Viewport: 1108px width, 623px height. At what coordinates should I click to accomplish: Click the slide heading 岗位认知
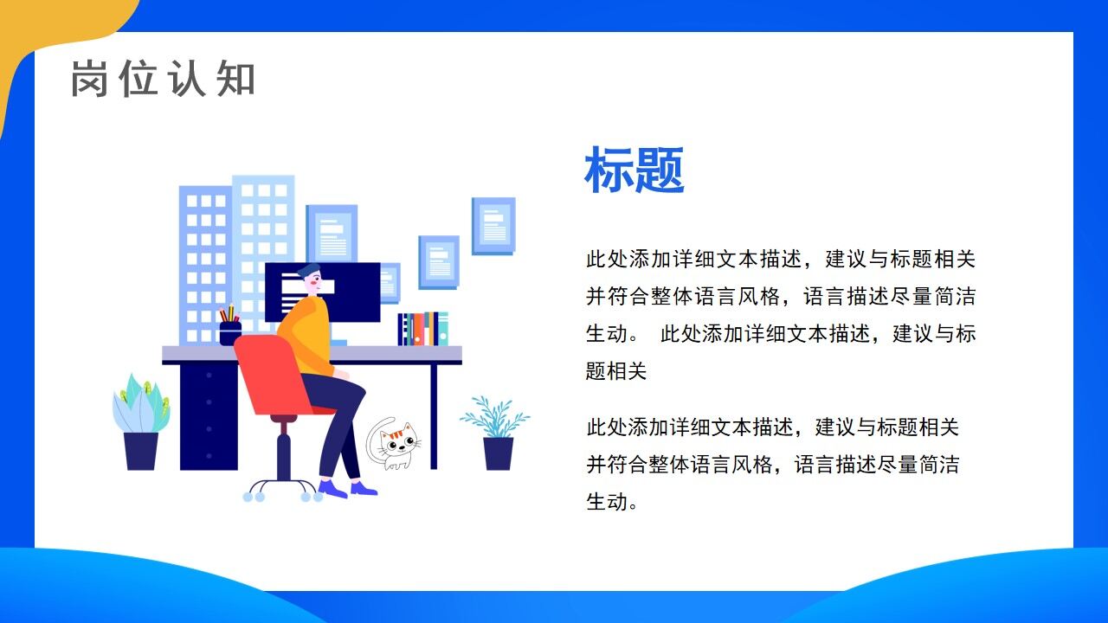pyautogui.click(x=163, y=79)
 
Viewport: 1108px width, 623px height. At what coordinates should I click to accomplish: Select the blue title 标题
pyautogui.click(x=635, y=170)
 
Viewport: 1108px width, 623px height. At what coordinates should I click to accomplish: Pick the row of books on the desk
pyautogui.click(x=422, y=329)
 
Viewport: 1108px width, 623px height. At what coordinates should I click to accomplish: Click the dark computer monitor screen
pyautogui.click(x=346, y=290)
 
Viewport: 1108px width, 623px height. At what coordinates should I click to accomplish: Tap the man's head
pyautogui.click(x=309, y=279)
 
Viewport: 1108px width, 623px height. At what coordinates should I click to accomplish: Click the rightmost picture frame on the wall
pyautogui.click(x=493, y=226)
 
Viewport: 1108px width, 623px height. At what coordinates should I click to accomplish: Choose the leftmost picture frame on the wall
pyautogui.click(x=332, y=233)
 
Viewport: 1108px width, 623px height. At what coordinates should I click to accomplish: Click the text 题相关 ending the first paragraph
pyautogui.click(x=616, y=371)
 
